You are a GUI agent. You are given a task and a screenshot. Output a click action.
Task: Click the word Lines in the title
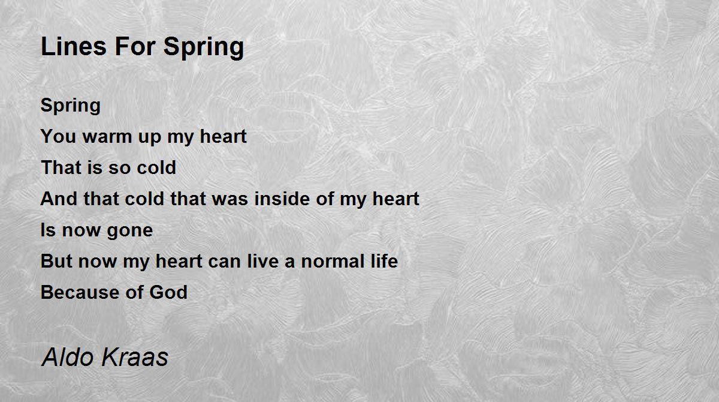pos(74,46)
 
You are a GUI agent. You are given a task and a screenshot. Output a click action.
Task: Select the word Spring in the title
pos(204,48)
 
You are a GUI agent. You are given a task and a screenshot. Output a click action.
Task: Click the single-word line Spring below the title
pos(71,106)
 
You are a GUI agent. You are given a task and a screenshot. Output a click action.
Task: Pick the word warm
pos(107,137)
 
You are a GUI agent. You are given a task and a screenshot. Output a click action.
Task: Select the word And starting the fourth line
pos(59,199)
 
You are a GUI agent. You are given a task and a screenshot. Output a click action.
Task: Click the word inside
pos(282,199)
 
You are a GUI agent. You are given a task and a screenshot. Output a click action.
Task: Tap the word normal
pos(333,261)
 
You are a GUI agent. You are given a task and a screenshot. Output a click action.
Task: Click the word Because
pos(80,292)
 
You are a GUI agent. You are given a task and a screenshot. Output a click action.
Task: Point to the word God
pos(168,292)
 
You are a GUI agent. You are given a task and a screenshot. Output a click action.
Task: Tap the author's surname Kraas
pos(135,357)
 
